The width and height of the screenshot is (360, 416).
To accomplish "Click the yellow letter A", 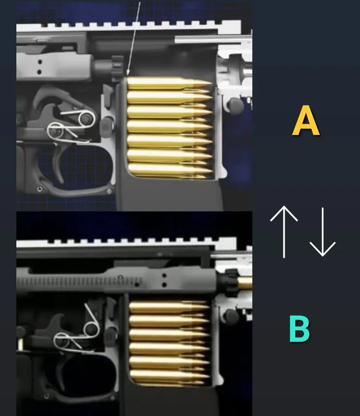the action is click(x=306, y=120).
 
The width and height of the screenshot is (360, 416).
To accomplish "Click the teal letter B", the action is click(x=300, y=329).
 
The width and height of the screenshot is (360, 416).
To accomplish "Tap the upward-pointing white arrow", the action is click(x=284, y=232).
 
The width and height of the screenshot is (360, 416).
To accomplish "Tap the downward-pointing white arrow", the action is click(x=323, y=232).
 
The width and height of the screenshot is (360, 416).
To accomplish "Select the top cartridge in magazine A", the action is click(x=169, y=83).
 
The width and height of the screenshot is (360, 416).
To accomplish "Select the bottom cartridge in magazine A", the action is click(x=170, y=170).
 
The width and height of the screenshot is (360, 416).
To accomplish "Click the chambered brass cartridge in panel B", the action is click(x=244, y=283).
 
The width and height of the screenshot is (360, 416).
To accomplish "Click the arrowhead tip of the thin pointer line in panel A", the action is click(x=127, y=75).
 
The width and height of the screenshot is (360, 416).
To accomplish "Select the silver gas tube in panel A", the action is click(x=213, y=39).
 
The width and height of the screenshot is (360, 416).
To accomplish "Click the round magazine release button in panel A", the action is click(x=236, y=105).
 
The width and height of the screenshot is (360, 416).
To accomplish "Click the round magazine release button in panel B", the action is click(x=232, y=317).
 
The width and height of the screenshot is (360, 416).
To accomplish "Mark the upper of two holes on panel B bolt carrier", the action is click(x=164, y=276).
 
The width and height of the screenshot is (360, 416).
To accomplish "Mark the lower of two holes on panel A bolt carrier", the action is click(x=39, y=72).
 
